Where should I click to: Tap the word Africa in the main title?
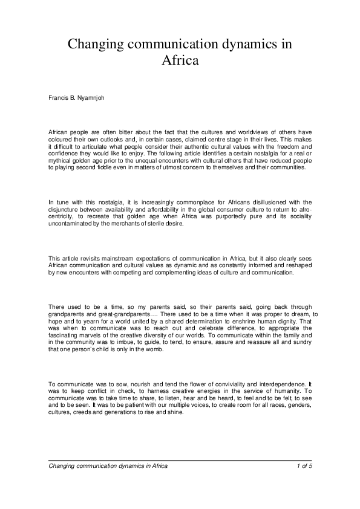(x=180, y=60)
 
